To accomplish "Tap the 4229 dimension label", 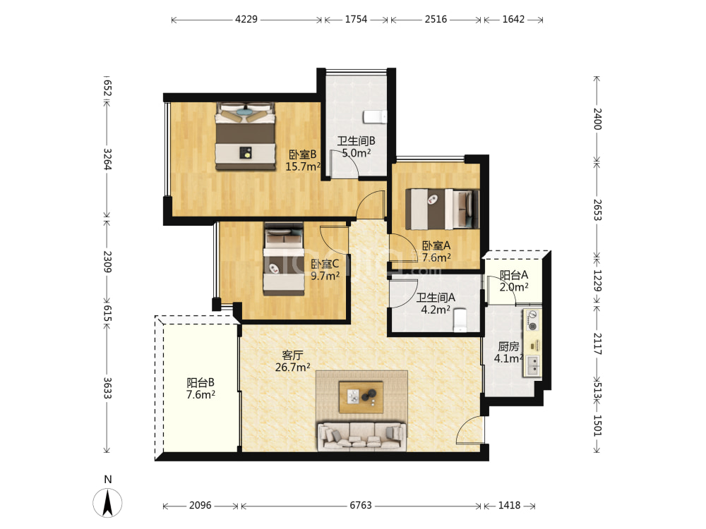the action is (246, 19).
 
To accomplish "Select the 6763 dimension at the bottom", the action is (361, 506).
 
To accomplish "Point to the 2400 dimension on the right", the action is (597, 118).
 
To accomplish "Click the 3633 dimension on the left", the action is (107, 388).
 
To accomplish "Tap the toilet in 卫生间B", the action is (375, 117).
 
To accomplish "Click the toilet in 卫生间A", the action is (460, 320).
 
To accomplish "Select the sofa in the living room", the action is (362, 437).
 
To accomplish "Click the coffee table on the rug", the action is (361, 396).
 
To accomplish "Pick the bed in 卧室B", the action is (246, 136).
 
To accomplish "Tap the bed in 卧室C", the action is (283, 259).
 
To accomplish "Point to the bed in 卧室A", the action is (442, 209).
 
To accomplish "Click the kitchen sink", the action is (532, 365).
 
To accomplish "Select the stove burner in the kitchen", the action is (532, 320).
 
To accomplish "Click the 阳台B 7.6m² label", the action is (201, 389).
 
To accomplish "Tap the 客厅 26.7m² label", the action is (293, 361).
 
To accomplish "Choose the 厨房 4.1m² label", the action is (508, 353).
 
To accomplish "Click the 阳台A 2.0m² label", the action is (514, 281).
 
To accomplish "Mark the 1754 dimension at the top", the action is (356, 19).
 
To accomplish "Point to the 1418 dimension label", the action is (509, 506).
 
